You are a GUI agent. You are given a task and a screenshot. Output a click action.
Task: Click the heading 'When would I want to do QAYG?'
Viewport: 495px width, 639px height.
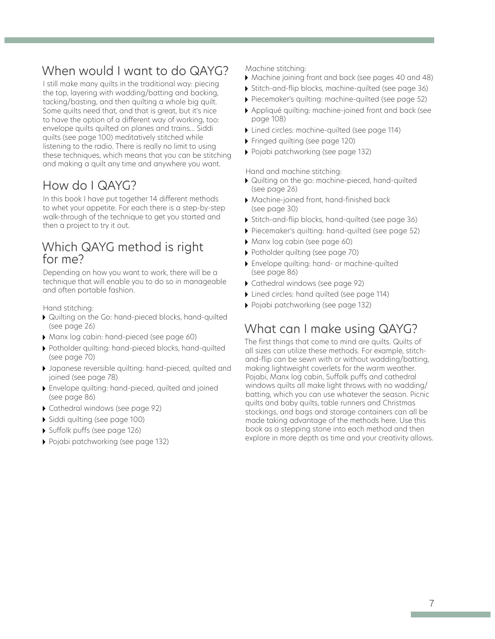pyautogui.click(x=135, y=71)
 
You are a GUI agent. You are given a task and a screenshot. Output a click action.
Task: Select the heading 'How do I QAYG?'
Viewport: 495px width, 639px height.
pyautogui.click(x=89, y=186)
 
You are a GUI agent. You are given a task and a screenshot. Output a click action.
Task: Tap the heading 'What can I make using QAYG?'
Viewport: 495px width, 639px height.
pyautogui.click(x=331, y=329)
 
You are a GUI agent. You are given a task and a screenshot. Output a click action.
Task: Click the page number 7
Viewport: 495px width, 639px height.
pyautogui.click(x=432, y=603)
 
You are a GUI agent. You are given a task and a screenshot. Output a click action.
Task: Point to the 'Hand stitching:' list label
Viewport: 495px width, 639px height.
pyautogui.click(x=68, y=308)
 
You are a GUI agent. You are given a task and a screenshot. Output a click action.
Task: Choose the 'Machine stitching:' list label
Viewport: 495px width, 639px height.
pyautogui.click(x=275, y=69)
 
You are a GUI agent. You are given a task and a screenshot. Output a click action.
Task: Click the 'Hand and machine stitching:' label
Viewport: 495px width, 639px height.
pyautogui.click(x=293, y=172)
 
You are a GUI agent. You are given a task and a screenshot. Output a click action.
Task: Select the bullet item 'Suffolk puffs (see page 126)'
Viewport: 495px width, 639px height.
pyautogui.click(x=94, y=430)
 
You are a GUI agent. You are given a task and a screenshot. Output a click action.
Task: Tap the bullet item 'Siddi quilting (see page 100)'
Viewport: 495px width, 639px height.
pyautogui.click(x=96, y=420)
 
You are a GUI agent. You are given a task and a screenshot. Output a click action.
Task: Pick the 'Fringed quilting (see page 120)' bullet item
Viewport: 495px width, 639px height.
pyautogui.click(x=303, y=141)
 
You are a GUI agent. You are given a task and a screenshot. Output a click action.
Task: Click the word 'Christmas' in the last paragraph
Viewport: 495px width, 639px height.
pyautogui.click(x=399, y=403)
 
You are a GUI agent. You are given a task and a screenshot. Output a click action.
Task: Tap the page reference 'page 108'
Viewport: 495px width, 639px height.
pyautogui.click(x=268, y=119)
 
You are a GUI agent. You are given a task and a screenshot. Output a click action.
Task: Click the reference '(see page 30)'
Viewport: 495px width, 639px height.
pyautogui.click(x=274, y=209)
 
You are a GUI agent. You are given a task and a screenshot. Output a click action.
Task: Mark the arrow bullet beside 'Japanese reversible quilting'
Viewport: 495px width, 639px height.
pyautogui.click(x=45, y=368)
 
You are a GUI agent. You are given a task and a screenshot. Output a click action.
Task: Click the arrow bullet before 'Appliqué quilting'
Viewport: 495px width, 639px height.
pyautogui.click(x=247, y=111)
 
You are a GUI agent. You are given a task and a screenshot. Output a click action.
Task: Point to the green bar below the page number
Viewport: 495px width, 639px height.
pyautogui.click(x=450, y=614)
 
